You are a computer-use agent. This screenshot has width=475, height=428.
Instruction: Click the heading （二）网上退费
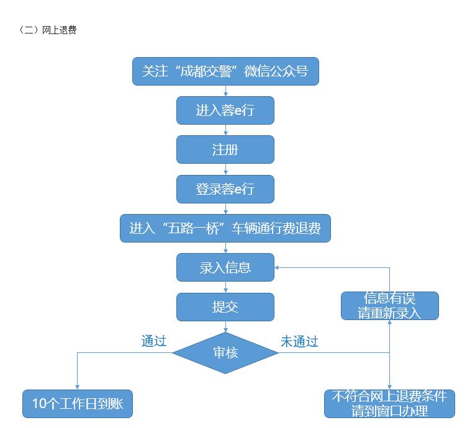(48, 30)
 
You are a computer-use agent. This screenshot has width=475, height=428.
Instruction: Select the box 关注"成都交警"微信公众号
(225, 71)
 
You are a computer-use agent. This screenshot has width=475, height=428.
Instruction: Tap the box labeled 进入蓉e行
(225, 110)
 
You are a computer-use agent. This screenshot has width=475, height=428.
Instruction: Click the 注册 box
(225, 149)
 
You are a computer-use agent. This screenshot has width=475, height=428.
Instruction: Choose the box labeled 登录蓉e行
(225, 189)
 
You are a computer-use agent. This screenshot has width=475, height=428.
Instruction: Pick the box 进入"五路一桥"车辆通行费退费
(225, 228)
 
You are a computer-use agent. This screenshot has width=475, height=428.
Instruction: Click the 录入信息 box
(225, 268)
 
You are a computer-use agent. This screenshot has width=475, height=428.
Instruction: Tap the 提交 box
(225, 307)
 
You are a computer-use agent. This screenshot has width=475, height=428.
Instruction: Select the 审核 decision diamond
(225, 353)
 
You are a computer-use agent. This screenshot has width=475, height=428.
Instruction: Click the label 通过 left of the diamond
(153, 341)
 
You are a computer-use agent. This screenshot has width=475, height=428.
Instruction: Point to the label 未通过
(299, 341)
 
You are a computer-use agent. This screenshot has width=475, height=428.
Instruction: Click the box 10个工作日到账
(78, 404)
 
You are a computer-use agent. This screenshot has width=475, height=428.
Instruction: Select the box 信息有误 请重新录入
(389, 306)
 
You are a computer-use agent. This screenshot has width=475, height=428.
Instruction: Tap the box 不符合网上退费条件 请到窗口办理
(389, 404)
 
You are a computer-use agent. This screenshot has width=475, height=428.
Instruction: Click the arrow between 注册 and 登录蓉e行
(225, 169)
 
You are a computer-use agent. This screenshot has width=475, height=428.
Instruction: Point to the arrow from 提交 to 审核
(225, 327)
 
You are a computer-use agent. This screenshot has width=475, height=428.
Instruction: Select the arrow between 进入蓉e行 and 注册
(225, 130)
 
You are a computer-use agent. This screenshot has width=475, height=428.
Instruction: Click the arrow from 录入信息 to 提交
(225, 288)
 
